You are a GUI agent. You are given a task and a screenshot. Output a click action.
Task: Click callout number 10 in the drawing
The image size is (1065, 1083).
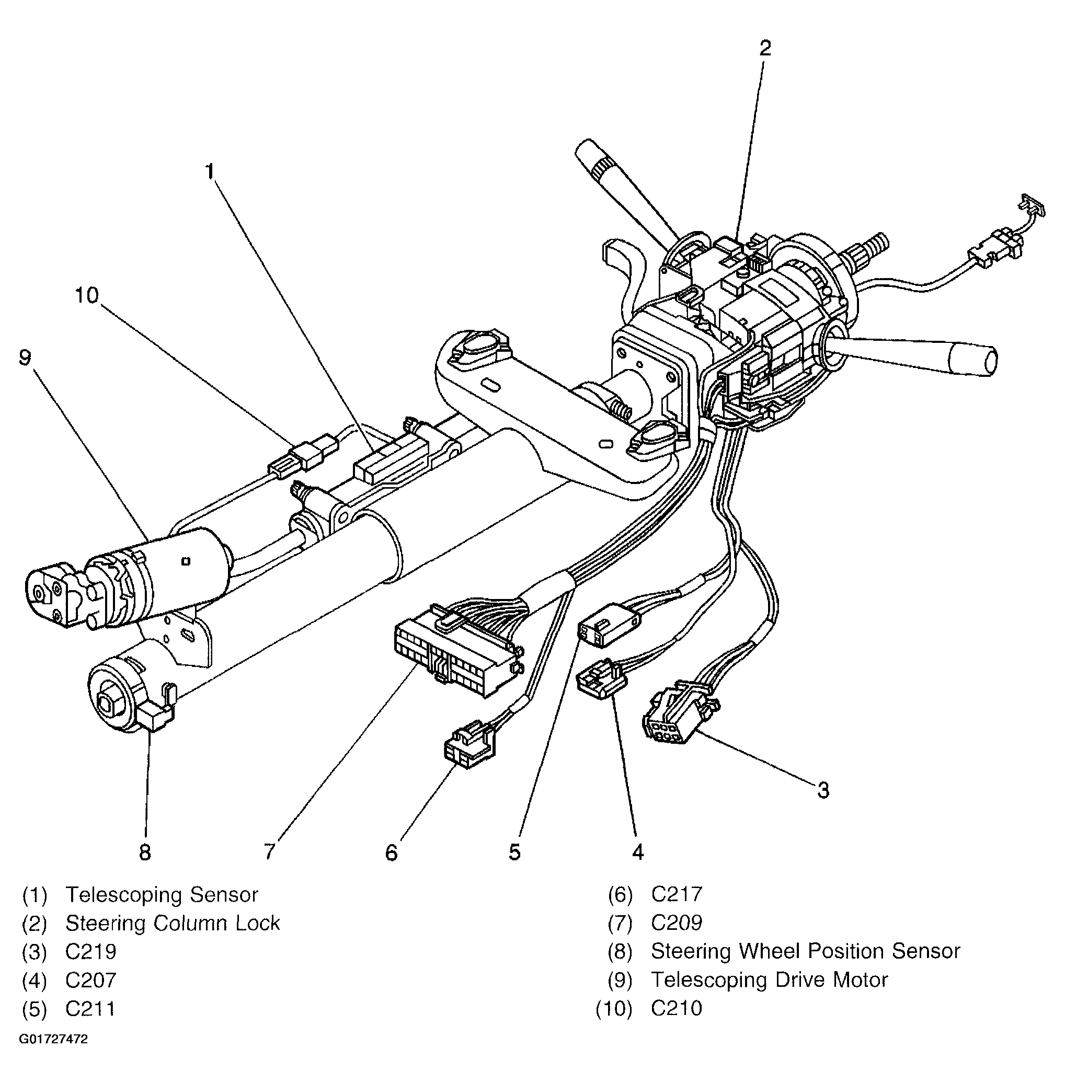86,295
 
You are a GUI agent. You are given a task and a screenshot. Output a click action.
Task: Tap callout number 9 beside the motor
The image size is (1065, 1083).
25,358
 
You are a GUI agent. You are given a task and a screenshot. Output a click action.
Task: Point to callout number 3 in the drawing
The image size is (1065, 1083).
823,790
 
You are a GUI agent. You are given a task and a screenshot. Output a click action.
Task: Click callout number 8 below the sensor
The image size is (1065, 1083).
145,852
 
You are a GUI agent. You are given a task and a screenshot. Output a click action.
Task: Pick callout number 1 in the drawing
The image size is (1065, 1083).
210,171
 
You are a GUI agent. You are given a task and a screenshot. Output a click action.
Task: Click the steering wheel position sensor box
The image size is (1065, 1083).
156,716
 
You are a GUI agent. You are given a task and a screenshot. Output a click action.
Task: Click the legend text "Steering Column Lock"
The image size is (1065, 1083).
173,923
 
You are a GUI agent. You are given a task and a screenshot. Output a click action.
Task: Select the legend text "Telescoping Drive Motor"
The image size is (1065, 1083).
769,980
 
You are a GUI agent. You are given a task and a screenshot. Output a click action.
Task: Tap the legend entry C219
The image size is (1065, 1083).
90,952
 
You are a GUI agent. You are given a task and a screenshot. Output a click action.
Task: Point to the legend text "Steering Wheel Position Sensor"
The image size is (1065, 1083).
806,951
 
